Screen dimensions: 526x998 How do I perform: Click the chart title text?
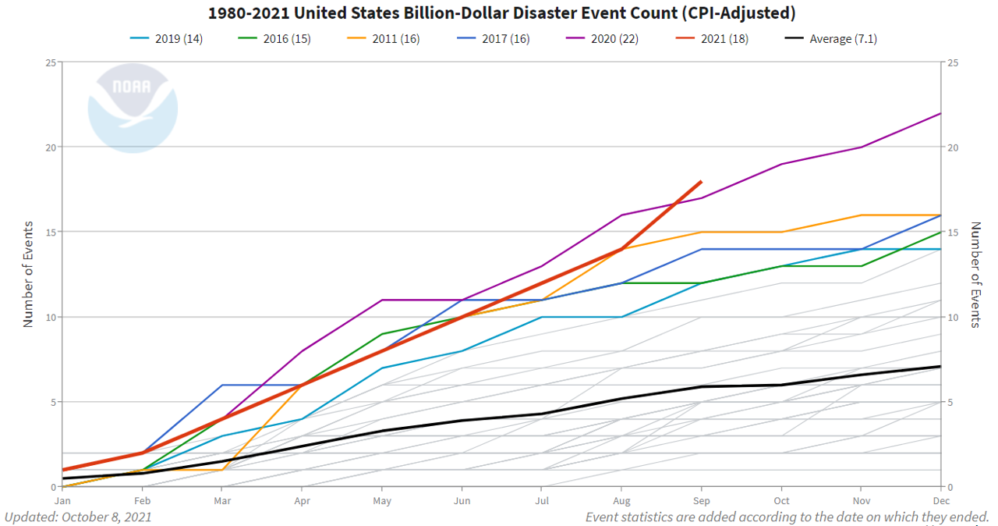coord(498,13)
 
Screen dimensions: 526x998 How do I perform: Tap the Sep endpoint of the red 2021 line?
coord(702,181)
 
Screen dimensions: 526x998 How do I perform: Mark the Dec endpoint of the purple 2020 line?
coord(941,113)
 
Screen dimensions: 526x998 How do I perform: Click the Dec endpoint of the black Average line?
coord(941,366)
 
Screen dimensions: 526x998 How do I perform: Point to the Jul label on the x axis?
coord(543,501)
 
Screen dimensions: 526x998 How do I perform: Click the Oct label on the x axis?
coord(781,501)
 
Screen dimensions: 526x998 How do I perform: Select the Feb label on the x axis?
coord(143,501)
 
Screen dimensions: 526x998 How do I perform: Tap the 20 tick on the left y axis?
coord(50,147)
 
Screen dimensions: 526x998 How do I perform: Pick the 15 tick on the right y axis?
coord(951,233)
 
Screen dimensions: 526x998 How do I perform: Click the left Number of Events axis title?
coord(29,274)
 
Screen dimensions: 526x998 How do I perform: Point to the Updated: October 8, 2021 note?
coord(78,517)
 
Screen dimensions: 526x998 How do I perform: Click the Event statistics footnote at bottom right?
coord(787,517)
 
